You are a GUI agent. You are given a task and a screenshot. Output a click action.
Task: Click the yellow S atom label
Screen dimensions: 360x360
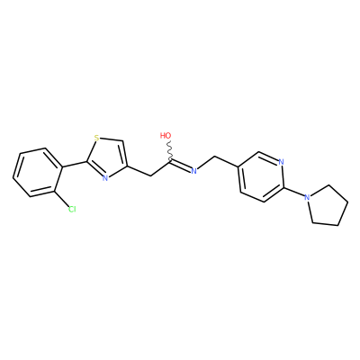(x=96, y=138)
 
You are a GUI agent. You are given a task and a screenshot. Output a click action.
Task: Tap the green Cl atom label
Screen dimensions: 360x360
(x=72, y=209)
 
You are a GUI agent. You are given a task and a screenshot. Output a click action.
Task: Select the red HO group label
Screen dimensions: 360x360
(x=166, y=136)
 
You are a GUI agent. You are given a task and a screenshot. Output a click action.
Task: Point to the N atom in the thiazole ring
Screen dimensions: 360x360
(x=104, y=178)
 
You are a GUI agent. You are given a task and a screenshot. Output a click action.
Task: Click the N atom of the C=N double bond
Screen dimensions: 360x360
(x=193, y=171)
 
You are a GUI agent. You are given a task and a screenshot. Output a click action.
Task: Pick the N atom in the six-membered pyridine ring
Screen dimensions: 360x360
(x=281, y=162)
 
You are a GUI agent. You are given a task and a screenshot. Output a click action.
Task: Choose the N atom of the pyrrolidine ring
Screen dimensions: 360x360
(x=307, y=197)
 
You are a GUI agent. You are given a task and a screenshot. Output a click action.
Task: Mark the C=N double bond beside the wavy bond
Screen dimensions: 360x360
(x=181, y=166)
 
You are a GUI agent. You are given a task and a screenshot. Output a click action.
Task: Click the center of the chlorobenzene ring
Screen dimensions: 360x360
(x=38, y=173)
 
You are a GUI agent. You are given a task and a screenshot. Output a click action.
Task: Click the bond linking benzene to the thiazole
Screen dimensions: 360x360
(x=75, y=164)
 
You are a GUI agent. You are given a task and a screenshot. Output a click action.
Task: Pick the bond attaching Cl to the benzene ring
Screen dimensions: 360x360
(x=61, y=198)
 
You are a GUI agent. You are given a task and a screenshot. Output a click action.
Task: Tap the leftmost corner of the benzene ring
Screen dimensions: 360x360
(x=13, y=178)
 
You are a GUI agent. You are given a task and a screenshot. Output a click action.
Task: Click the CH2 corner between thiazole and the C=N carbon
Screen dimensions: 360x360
(x=149, y=175)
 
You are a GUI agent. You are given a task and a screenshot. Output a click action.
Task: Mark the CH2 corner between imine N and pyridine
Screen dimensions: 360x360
(x=215, y=157)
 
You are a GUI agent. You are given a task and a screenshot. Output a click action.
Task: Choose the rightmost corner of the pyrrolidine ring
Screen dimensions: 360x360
(x=348, y=202)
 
